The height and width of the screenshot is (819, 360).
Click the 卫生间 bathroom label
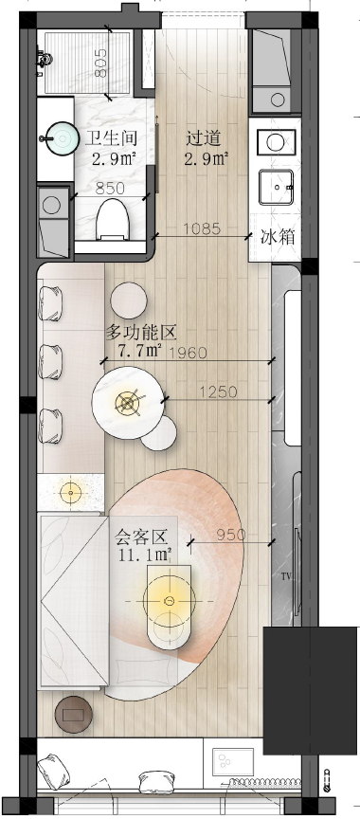109,136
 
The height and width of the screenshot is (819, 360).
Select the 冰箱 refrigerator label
277,238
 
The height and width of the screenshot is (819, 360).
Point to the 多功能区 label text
142,333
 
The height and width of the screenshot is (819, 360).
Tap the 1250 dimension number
218,391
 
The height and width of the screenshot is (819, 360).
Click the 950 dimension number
232,535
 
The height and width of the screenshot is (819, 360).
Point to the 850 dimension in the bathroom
112,189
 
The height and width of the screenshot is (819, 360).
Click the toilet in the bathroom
112,217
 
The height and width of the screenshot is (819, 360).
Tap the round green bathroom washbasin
62,139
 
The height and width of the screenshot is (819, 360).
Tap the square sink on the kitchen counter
278,188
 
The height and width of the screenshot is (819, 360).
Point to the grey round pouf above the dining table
129,299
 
